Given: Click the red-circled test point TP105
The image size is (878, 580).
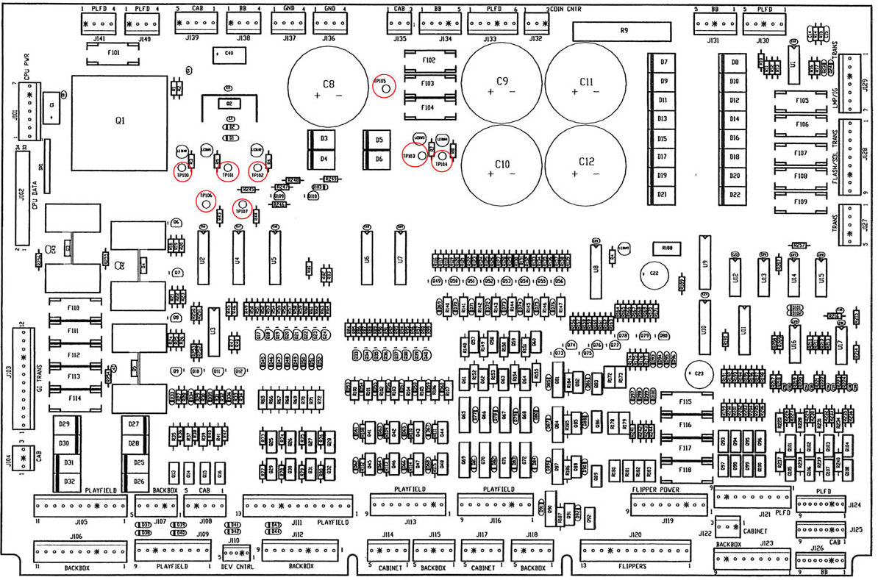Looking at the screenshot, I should tap(384, 85).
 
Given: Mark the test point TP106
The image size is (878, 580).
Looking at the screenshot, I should tap(206, 200).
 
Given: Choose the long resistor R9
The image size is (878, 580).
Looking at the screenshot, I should tap(623, 31).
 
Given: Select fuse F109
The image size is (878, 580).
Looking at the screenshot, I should tap(801, 201).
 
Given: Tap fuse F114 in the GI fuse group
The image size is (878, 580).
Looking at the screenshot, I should tap(74, 398).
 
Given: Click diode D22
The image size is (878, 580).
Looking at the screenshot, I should tap(734, 195).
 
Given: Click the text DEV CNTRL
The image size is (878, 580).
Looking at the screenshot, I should tap(237, 567).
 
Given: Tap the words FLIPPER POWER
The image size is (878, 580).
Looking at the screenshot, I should tap(660, 489).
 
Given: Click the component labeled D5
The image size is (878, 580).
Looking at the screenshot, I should tap(379, 140).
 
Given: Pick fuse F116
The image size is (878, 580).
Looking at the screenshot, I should tap(685, 425).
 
